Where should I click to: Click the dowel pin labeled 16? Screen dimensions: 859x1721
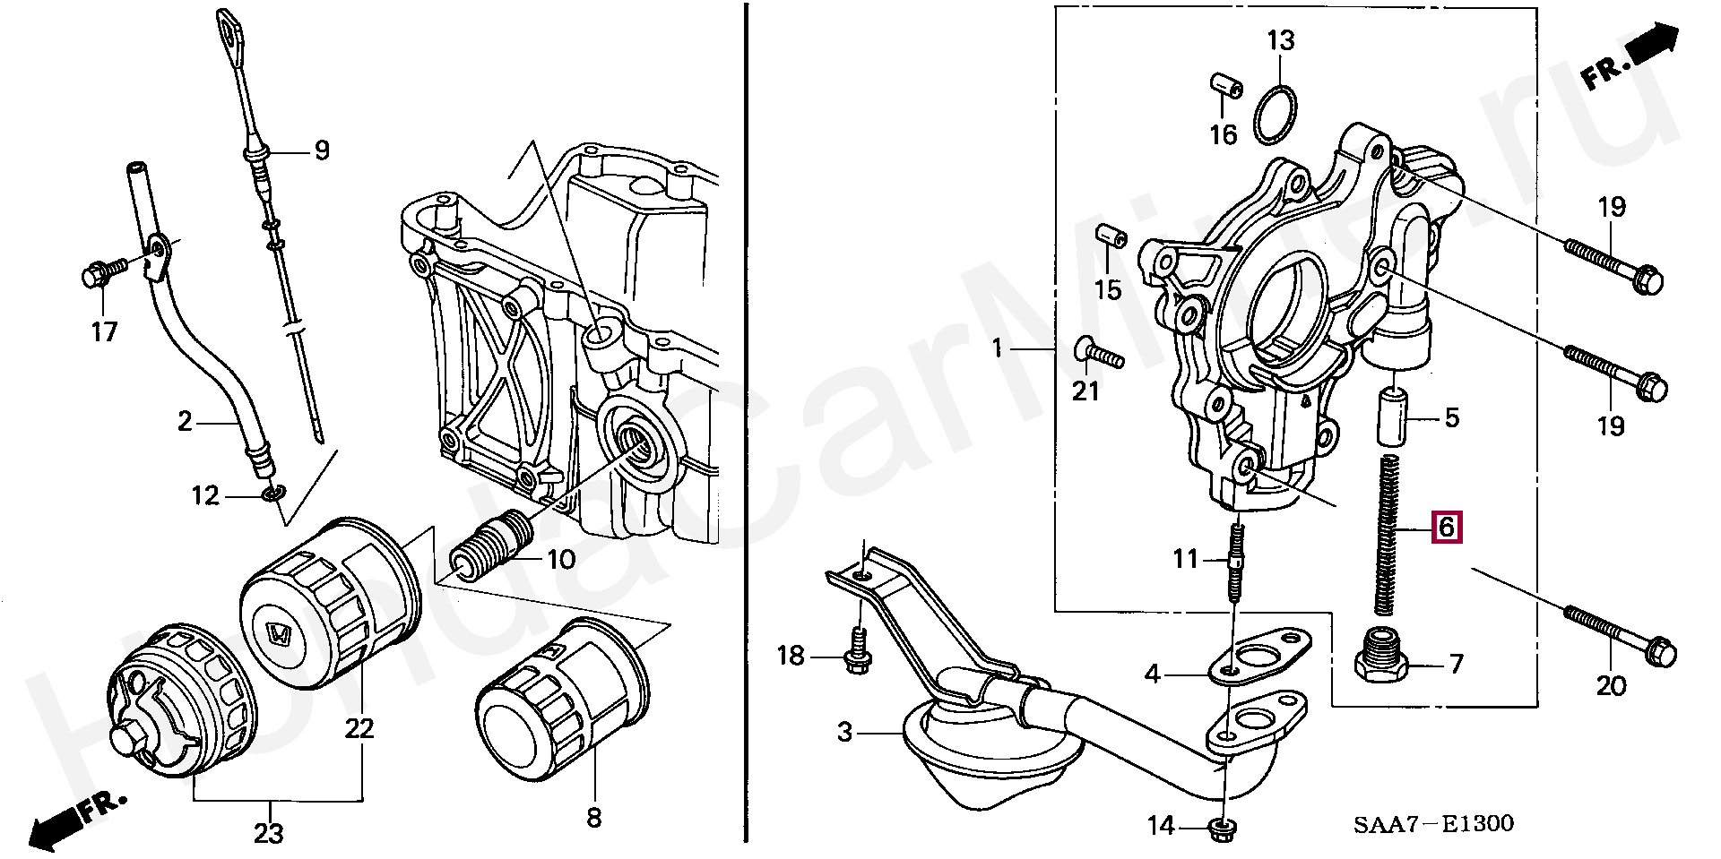(1224, 84)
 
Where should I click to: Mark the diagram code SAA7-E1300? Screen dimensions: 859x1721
(1433, 824)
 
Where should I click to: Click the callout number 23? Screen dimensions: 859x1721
(268, 834)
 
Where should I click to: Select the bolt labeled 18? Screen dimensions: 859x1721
(858, 651)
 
